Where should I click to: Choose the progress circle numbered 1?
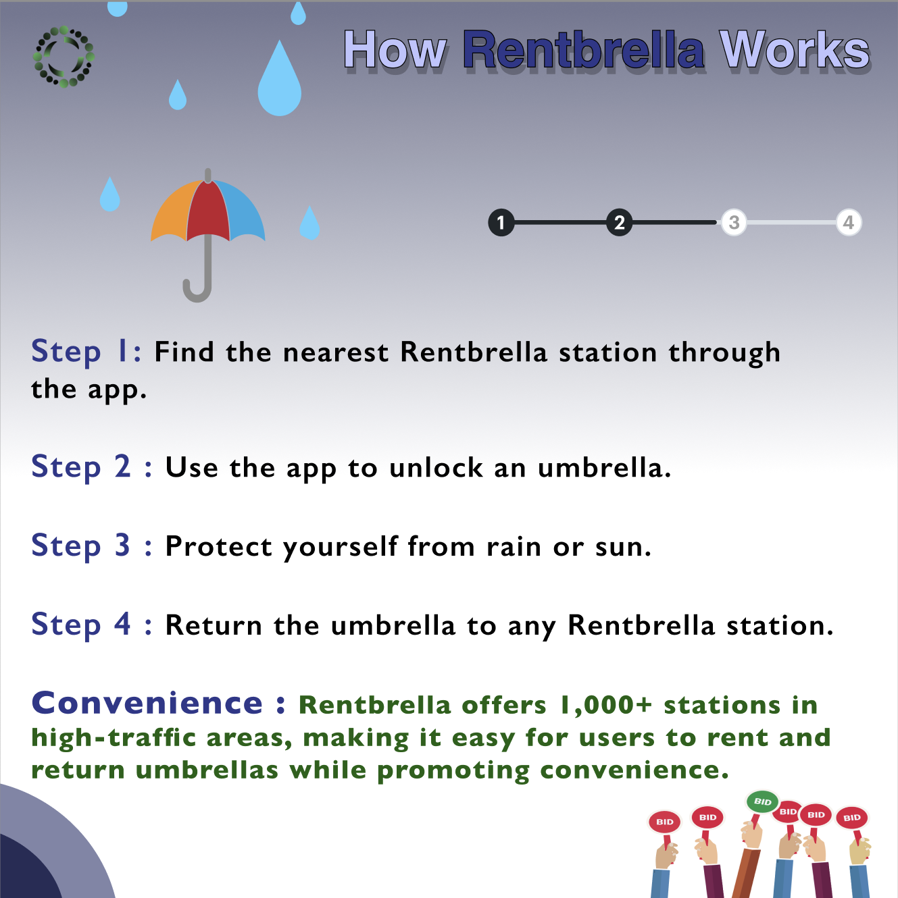point(501,223)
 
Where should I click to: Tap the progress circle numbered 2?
point(619,223)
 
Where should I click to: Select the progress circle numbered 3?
point(734,223)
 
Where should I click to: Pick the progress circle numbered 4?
point(849,223)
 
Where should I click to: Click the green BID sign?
point(762,801)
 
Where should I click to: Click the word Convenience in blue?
point(147,703)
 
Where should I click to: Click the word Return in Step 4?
point(214,625)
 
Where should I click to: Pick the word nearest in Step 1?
point(336,352)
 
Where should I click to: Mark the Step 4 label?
point(80,625)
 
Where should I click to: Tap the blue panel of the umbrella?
point(245,212)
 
